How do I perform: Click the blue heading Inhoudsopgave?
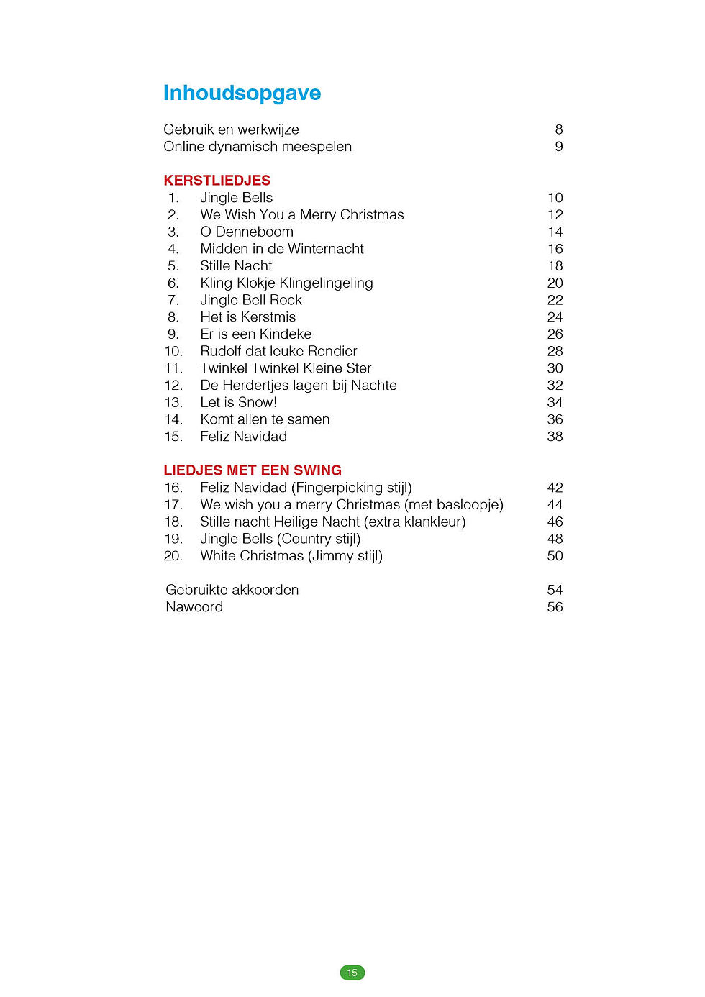pyautogui.click(x=242, y=93)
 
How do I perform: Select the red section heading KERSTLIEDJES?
pyautogui.click(x=217, y=180)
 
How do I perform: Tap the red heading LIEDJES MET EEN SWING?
pyautogui.click(x=252, y=470)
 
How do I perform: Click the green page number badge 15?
pyautogui.click(x=352, y=973)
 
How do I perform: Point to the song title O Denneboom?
pyautogui.click(x=247, y=232)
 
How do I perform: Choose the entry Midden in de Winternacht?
pyautogui.click(x=282, y=249)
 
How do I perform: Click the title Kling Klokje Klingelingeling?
pyautogui.click(x=286, y=283)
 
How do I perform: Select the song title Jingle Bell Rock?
pyautogui.click(x=251, y=300)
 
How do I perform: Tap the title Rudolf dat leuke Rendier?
pyautogui.click(x=278, y=351)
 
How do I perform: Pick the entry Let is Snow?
pyautogui.click(x=238, y=402)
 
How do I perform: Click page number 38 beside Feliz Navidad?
pyautogui.click(x=555, y=437)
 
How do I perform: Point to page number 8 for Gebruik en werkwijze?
pyautogui.click(x=558, y=129)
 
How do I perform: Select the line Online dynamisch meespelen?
pyautogui.click(x=258, y=147)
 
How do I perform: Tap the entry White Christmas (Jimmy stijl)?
pyautogui.click(x=291, y=556)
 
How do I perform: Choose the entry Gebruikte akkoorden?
pyautogui.click(x=232, y=590)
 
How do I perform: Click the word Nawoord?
pyautogui.click(x=194, y=607)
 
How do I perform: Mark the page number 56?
pyautogui.click(x=555, y=607)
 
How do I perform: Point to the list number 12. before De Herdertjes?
pyautogui.click(x=173, y=386)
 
